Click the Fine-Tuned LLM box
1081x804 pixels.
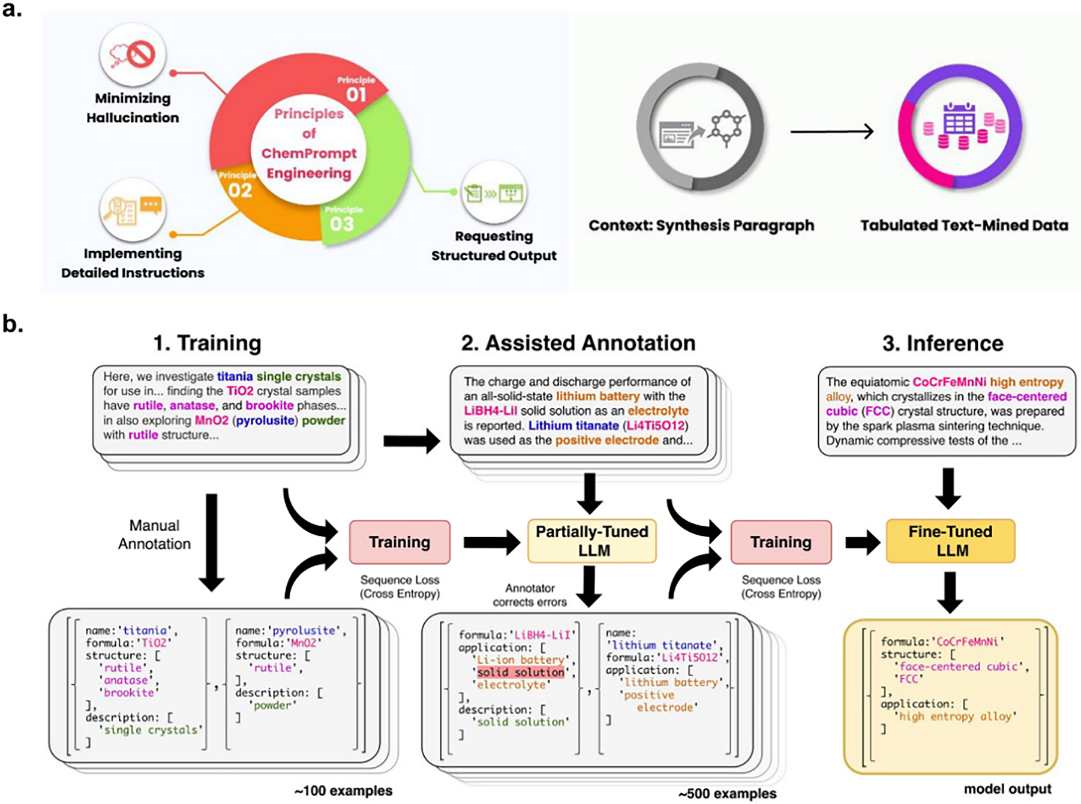pos(950,541)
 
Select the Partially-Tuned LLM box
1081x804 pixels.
pos(592,541)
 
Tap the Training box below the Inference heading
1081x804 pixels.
pos(780,542)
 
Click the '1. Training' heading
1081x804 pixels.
pos(207,343)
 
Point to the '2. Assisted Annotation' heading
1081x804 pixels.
pos(578,343)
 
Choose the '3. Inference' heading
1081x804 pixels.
pos(942,343)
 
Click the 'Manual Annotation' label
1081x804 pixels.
pos(154,534)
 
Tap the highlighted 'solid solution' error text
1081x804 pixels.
pos(521,672)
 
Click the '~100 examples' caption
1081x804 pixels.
pos(343,791)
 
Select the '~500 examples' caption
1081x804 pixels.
pos(727,794)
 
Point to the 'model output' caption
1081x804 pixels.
pos(1007,789)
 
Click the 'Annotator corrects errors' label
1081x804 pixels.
pos(529,595)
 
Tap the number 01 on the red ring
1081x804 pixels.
pos(356,94)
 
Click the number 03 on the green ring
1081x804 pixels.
pos(342,224)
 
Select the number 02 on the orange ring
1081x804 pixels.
pos(239,190)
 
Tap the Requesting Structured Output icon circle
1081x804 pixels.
pos(494,194)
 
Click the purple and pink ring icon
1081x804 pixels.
pos(960,127)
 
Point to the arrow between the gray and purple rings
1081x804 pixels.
pos(831,131)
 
